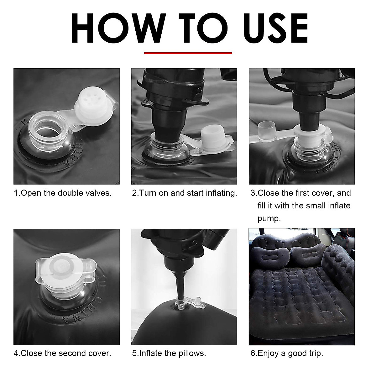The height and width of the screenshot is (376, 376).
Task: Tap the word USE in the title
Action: (x=275, y=28)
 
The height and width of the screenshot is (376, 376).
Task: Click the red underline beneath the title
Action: (x=188, y=53)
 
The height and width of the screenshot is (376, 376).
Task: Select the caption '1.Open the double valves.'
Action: (x=63, y=193)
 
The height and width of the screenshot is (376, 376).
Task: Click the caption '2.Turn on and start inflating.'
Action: (x=184, y=193)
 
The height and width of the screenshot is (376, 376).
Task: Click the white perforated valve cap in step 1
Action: (x=94, y=105)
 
